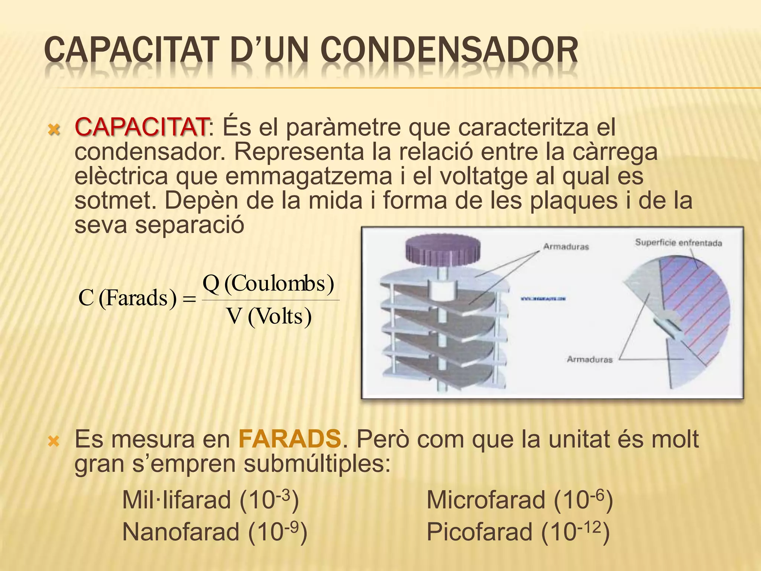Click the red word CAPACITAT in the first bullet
coord(141,127)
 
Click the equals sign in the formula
coord(190,299)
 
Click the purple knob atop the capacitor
coord(443,249)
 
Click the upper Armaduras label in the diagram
coord(566,246)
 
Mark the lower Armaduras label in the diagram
coord(589,359)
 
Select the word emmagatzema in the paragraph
coord(308,176)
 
